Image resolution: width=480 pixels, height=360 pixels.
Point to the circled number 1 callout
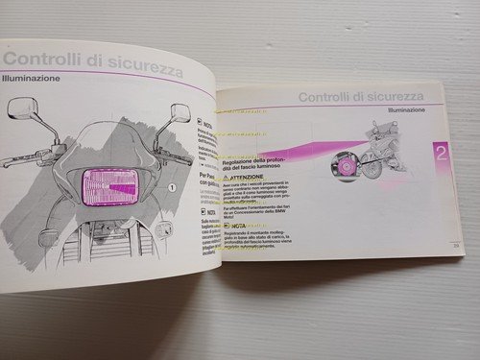pyautogui.click(x=173, y=187)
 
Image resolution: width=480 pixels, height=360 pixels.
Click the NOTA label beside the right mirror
pyautogui.click(x=204, y=125)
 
